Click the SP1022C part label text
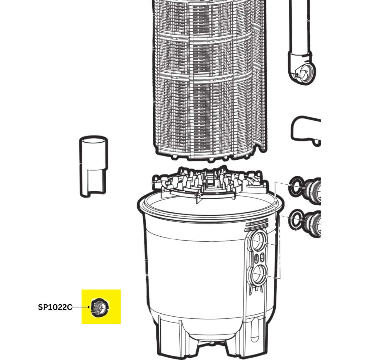coord(55,307)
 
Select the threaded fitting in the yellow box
coord(100,308)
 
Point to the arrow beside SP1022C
coord(81,307)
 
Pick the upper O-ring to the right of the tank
coord(297,187)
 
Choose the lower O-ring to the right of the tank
coord(297,220)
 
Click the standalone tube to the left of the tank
coord(94,166)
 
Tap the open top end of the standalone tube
coord(94,140)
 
